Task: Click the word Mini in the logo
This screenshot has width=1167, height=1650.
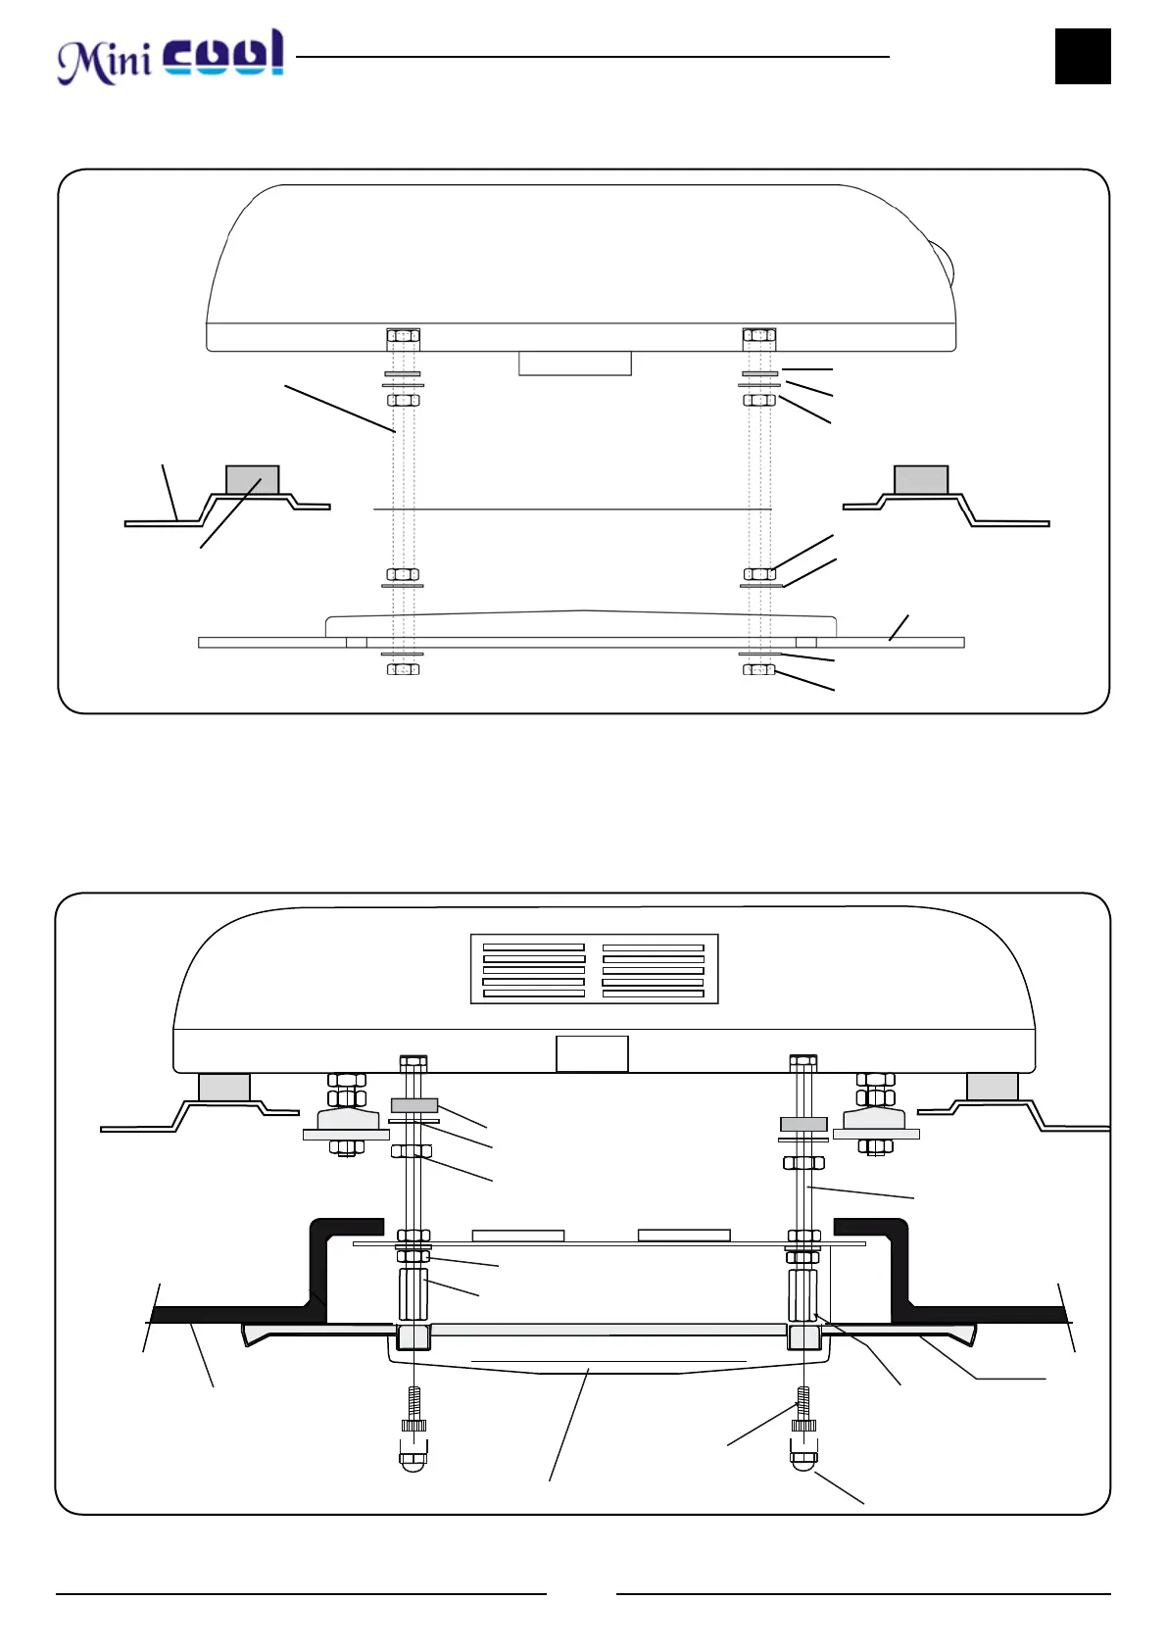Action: (103, 61)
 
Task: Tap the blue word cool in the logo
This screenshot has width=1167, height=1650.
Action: (223, 54)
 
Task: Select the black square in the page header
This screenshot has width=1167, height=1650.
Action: (1083, 56)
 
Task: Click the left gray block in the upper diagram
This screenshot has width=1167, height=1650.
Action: (253, 480)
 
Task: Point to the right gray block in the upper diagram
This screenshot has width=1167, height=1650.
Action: (921, 480)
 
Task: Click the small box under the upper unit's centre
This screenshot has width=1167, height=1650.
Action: (574, 364)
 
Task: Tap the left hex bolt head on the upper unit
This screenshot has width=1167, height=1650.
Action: (403, 336)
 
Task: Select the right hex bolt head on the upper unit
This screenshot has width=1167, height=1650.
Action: (759, 336)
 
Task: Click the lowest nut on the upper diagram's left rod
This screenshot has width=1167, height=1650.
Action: (403, 669)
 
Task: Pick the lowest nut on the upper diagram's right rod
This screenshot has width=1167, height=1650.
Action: (759, 669)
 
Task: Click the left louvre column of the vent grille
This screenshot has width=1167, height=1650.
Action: (534, 970)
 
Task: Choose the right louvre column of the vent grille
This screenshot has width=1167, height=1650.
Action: (654, 970)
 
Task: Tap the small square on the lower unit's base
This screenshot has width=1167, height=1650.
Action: (592, 1053)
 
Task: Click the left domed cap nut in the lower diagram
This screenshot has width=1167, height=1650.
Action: (413, 1460)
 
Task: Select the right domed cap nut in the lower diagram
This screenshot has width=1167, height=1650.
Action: (803, 1458)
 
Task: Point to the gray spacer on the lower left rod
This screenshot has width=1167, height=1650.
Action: (414, 1105)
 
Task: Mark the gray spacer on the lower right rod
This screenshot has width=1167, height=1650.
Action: (803, 1124)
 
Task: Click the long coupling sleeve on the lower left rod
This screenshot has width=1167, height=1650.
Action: (413, 1294)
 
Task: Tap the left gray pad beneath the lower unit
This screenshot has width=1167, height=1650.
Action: (224, 1088)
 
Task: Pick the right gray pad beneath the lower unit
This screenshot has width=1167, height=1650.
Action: (992, 1087)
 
